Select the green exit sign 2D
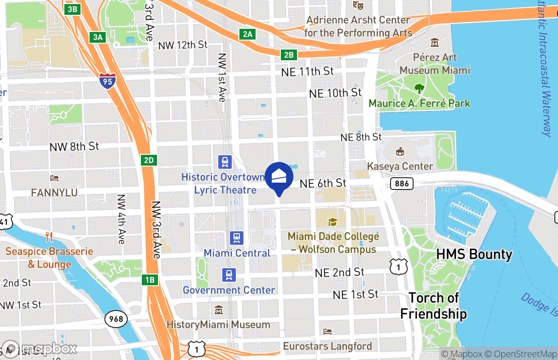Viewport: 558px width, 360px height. tap(148, 160)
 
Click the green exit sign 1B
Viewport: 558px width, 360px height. tap(150, 280)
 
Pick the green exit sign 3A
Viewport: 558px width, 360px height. tap(98, 37)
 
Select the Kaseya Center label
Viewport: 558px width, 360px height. tap(400, 166)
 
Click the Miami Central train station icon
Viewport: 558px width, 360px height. tap(237, 237)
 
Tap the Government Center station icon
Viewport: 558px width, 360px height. tap(229, 274)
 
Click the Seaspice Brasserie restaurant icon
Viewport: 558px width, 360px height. tap(49, 236)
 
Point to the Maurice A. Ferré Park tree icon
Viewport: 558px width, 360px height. tap(419, 88)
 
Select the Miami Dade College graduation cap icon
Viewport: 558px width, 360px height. tap(333, 221)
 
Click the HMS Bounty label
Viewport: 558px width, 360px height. tap(474, 254)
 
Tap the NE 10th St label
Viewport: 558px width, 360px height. tap(335, 93)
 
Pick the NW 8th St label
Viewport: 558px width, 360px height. tap(74, 146)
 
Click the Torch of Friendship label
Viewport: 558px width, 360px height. tap(433, 306)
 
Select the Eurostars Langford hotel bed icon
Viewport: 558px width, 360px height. tap(328, 332)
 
